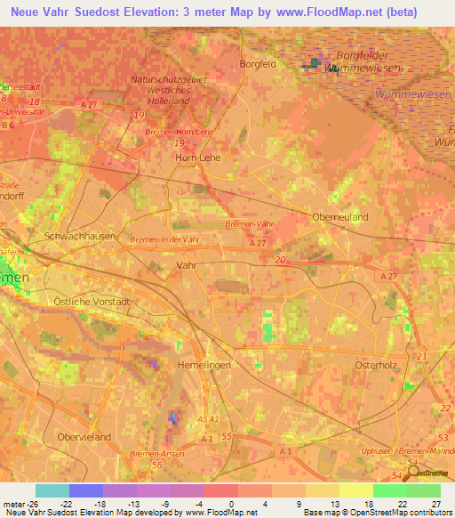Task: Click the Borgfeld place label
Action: pyautogui.click(x=258, y=64)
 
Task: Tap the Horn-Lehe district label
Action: pyautogui.click(x=197, y=157)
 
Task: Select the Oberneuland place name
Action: pyautogui.click(x=339, y=216)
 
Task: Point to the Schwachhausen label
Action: pyautogui.click(x=73, y=237)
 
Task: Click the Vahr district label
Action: pyautogui.click(x=187, y=265)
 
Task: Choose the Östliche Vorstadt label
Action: pyautogui.click(x=92, y=302)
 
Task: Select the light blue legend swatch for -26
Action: pyautogui.click(x=52, y=490)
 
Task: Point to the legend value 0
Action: pyautogui.click(x=230, y=503)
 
